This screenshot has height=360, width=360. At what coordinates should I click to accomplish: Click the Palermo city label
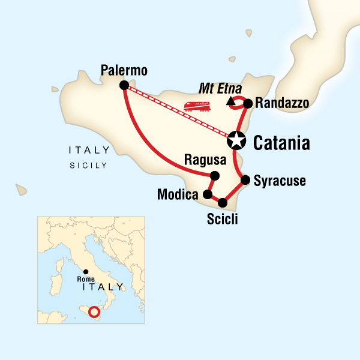pos(124,71)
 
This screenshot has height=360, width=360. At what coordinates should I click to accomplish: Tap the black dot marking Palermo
pos(124,85)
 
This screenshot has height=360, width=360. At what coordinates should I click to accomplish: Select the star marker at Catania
pos(237,141)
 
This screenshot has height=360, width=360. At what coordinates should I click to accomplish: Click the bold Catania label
pos(281,143)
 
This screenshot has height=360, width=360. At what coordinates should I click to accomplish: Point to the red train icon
pos(197,107)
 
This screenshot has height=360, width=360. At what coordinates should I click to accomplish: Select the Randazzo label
pos(281,104)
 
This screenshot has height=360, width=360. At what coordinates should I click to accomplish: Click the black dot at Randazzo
pos(248,103)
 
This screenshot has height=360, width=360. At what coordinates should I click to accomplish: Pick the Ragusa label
pos(205,160)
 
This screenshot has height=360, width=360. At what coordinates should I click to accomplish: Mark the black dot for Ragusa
pos(215,175)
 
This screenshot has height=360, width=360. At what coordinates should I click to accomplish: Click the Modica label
pos(178,195)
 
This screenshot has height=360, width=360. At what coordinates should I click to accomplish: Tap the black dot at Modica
pos(207,195)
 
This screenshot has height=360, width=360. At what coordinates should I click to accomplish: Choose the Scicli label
pos(222,219)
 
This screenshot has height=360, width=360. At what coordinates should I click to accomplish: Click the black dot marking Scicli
pos(223,202)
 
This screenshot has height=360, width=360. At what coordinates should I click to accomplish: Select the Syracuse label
pos(280,181)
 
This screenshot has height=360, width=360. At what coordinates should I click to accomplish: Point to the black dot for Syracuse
pos(245,179)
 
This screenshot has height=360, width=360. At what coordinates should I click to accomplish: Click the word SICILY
pos(88,165)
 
